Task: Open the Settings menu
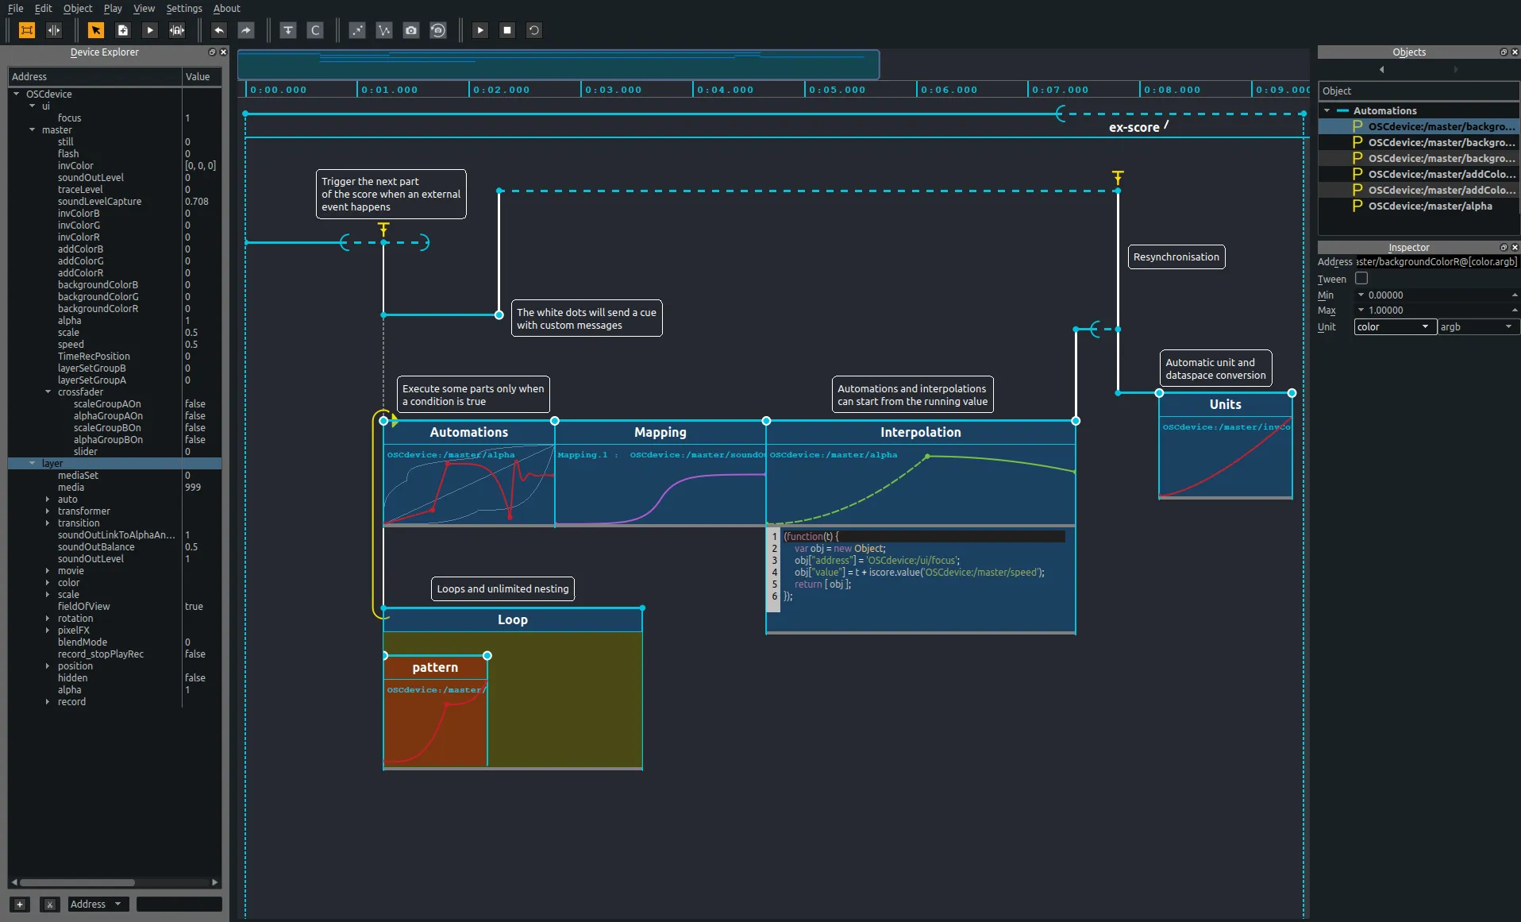click(183, 8)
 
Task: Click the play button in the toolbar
click(480, 30)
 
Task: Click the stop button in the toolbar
click(507, 30)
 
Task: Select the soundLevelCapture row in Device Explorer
click(99, 202)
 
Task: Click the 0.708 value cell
click(197, 202)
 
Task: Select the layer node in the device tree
click(52, 464)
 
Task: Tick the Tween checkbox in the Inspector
click(1361, 279)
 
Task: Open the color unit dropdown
click(1394, 327)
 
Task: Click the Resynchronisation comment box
click(1176, 257)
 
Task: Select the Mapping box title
click(660, 432)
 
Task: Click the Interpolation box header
click(920, 432)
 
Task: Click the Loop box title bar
click(512, 620)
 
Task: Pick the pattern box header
click(435, 668)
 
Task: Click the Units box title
click(1225, 404)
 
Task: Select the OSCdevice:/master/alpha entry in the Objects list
click(1430, 206)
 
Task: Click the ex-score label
click(1134, 128)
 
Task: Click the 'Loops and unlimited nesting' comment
click(503, 589)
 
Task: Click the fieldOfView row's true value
click(194, 607)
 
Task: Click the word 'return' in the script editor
click(808, 584)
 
